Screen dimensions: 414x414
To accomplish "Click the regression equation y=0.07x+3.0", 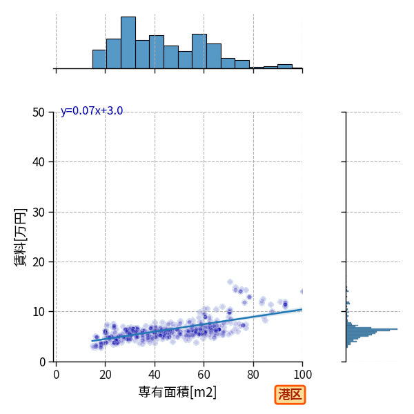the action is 92,110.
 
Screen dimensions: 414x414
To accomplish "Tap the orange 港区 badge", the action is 290,395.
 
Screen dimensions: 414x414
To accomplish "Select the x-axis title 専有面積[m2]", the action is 177,392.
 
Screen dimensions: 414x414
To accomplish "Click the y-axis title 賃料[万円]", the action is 20,237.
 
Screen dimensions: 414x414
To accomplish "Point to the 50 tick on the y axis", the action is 39,112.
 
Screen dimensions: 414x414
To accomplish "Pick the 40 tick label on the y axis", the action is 39,162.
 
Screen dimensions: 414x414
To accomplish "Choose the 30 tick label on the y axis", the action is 39,213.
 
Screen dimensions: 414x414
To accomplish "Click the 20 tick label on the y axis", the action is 39,262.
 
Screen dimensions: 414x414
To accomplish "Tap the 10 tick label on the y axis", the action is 39,312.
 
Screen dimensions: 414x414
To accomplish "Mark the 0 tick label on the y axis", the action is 42,362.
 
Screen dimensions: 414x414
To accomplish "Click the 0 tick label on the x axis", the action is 57,375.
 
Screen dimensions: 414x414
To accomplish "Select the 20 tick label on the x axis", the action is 106,375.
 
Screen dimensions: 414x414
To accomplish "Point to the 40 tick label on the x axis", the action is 155,375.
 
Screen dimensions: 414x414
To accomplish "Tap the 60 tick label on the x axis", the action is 204,375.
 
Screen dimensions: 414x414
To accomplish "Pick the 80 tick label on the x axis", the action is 253,375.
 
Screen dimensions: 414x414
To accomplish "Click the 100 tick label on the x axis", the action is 303,375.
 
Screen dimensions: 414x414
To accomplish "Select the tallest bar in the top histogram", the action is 128,43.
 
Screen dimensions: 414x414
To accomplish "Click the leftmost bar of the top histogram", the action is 99,59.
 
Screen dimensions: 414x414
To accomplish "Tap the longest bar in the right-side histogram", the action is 372,329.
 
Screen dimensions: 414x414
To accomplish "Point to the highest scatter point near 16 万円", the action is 230,282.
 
